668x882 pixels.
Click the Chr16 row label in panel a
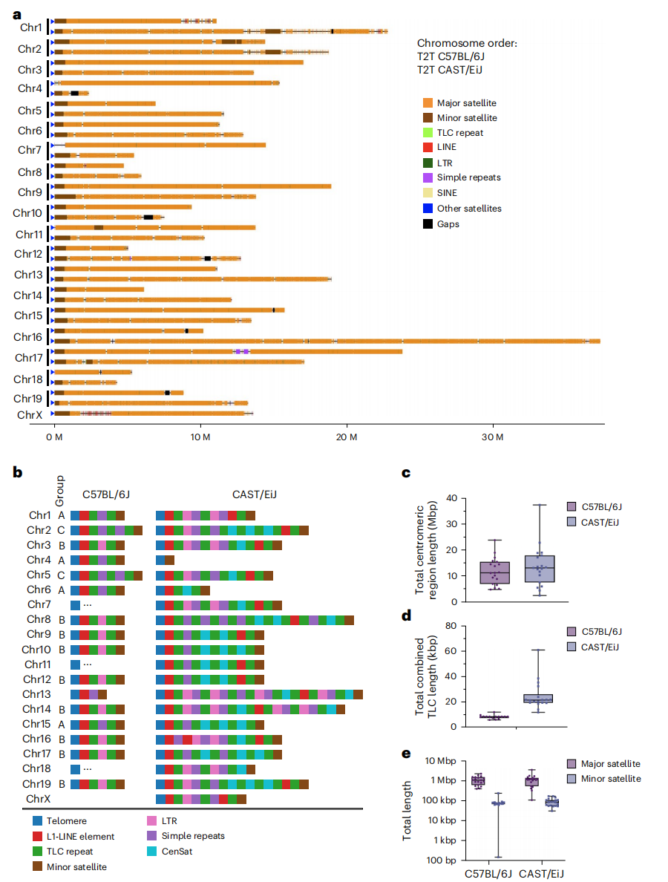(27, 337)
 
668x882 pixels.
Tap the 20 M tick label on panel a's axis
(347, 436)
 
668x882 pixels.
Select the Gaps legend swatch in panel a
(428, 224)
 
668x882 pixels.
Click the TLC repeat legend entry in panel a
(459, 133)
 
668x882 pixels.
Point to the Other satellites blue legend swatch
(428, 209)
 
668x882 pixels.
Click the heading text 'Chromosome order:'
(467, 43)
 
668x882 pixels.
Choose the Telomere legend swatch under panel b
(38, 820)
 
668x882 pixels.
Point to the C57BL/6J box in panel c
(494, 573)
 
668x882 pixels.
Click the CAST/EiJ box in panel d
(537, 698)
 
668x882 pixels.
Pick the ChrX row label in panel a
(30, 415)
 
